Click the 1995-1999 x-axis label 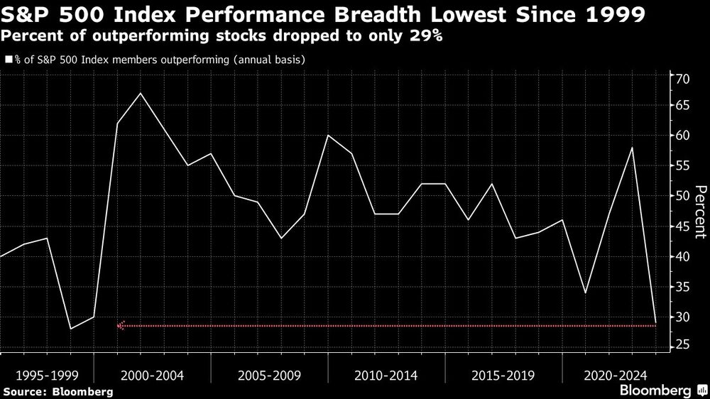pos(47,374)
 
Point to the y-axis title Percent pos(700,211)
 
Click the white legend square pos(8,60)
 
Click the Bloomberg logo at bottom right pos(662,390)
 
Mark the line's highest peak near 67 pos(141,93)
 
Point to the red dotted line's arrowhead pos(121,326)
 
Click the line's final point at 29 pos(655,323)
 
